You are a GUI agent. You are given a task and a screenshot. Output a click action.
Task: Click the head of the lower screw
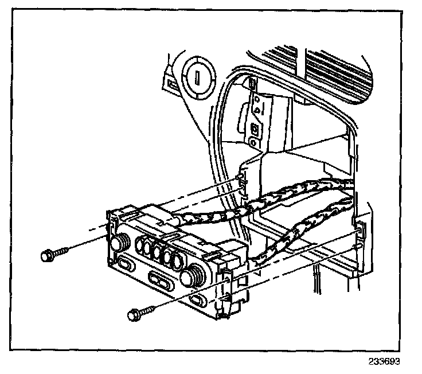[x=133, y=314]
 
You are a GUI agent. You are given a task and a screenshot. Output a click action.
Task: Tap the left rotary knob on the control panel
[x=118, y=243]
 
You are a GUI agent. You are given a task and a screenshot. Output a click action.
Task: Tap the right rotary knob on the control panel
[x=189, y=278]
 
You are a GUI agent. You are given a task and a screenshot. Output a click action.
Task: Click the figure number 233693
[x=383, y=362]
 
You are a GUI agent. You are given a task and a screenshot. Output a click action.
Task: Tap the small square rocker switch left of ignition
[x=171, y=84]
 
